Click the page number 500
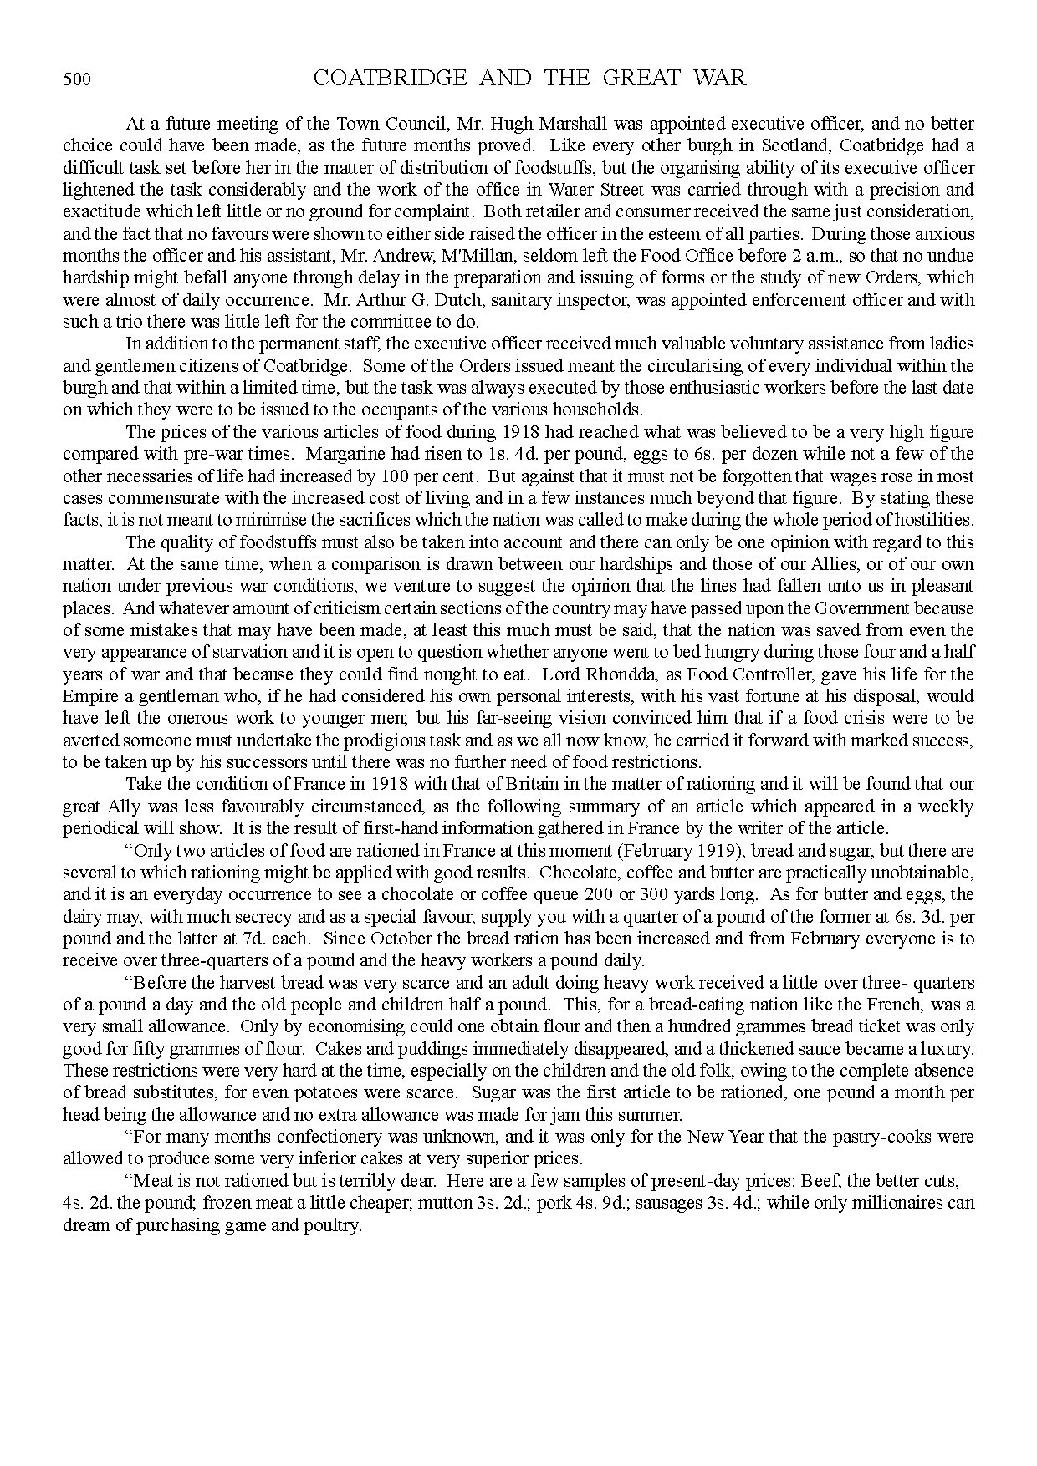tap(76, 80)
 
